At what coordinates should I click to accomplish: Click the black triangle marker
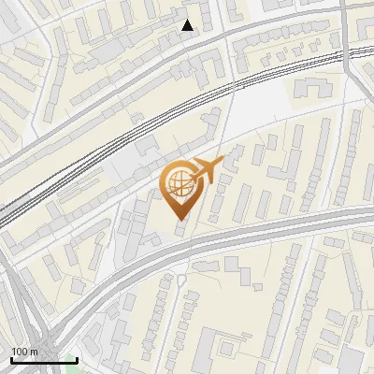click(188, 25)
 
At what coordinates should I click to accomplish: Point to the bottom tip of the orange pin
click(180, 219)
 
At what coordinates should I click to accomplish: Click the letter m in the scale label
click(34, 352)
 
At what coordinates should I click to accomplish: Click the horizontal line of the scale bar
click(43, 360)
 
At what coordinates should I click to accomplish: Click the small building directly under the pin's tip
click(180, 228)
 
